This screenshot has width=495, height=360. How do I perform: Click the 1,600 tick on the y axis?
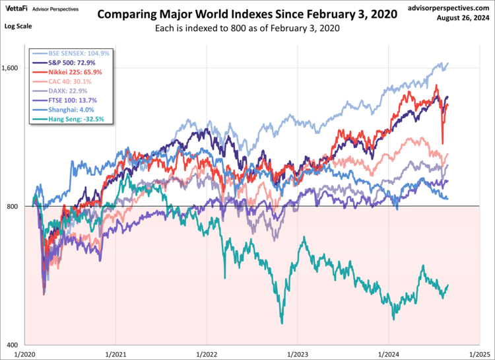tap(13, 67)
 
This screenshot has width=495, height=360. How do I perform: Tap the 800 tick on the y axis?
tap(15, 206)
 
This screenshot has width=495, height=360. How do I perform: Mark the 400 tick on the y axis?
tap(15, 345)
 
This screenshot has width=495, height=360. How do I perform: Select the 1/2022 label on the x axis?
tap(207, 353)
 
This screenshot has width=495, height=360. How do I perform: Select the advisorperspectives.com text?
tap(450, 7)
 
